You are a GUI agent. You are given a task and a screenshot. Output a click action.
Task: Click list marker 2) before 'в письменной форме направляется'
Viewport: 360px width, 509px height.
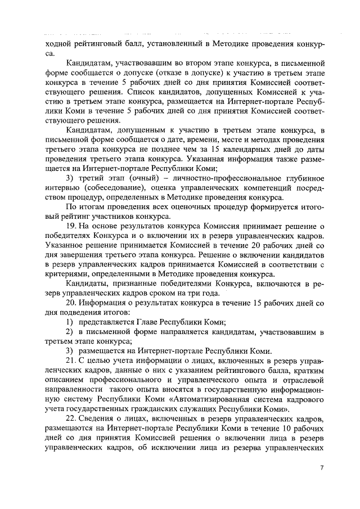[x=70, y=332]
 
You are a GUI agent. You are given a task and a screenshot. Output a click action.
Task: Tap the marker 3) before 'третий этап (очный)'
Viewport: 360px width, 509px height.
[x=70, y=179]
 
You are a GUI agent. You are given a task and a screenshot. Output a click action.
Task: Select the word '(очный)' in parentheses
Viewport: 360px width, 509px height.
[x=146, y=179]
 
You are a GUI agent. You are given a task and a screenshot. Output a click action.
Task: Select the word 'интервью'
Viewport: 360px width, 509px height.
[x=60, y=189]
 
